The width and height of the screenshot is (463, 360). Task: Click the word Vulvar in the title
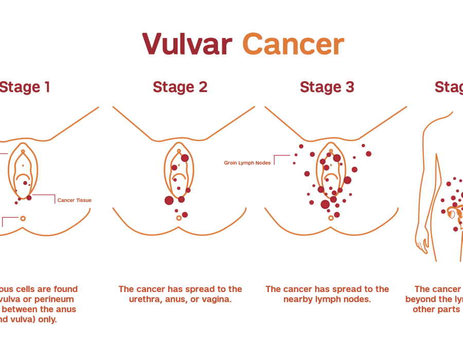pyautogui.click(x=187, y=44)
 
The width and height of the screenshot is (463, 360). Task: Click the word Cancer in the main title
pyautogui.click(x=293, y=44)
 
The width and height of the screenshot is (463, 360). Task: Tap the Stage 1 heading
pyautogui.click(x=25, y=87)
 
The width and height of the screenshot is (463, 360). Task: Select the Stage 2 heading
pyautogui.click(x=180, y=87)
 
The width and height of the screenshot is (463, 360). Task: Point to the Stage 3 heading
pyautogui.click(x=327, y=87)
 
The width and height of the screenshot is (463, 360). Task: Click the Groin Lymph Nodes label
pyautogui.click(x=247, y=163)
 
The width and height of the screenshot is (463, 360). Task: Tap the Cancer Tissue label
pyautogui.click(x=75, y=200)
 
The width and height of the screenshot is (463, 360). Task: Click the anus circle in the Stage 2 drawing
pyautogui.click(x=179, y=218)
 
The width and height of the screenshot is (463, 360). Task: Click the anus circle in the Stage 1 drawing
pyautogui.click(x=23, y=219)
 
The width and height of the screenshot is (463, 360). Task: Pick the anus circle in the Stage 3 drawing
pyautogui.click(x=330, y=218)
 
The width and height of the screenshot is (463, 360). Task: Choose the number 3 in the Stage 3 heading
pyautogui.click(x=350, y=87)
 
